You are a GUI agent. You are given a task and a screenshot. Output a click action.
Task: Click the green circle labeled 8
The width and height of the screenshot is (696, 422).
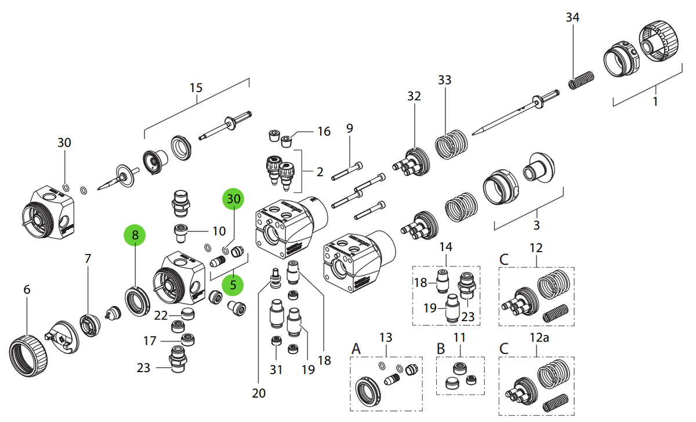tap(135, 235)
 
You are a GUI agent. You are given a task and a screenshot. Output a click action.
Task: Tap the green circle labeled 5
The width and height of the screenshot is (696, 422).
tap(233, 285)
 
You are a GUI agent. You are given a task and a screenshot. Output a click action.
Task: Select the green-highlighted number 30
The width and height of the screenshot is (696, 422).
tap(233, 199)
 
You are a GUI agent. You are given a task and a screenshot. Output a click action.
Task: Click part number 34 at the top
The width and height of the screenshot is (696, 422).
tap(572, 17)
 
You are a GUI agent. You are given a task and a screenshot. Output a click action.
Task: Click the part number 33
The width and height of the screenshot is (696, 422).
tap(445, 80)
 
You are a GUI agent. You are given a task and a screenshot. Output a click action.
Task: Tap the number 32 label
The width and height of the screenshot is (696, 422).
tap(414, 96)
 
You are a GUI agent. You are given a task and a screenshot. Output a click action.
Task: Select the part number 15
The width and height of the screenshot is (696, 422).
tap(196, 88)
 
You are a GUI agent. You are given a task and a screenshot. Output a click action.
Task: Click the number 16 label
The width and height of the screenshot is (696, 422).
tap(324, 132)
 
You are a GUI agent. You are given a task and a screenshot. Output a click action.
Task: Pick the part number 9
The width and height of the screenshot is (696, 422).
tap(350, 128)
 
